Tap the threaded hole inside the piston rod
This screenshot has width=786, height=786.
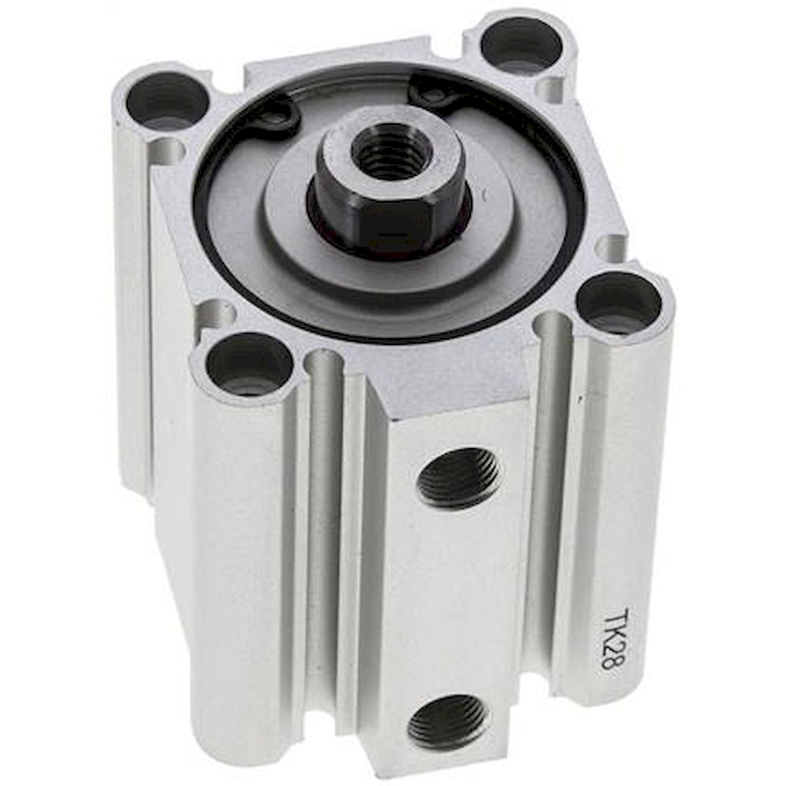(x=391, y=152)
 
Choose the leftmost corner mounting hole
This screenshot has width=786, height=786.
(x=167, y=101)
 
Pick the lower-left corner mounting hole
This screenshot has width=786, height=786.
(x=248, y=364)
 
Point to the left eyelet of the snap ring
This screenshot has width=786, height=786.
(x=277, y=119)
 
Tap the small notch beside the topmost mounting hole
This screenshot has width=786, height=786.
(x=549, y=89)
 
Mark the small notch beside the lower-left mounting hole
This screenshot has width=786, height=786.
(x=215, y=315)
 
